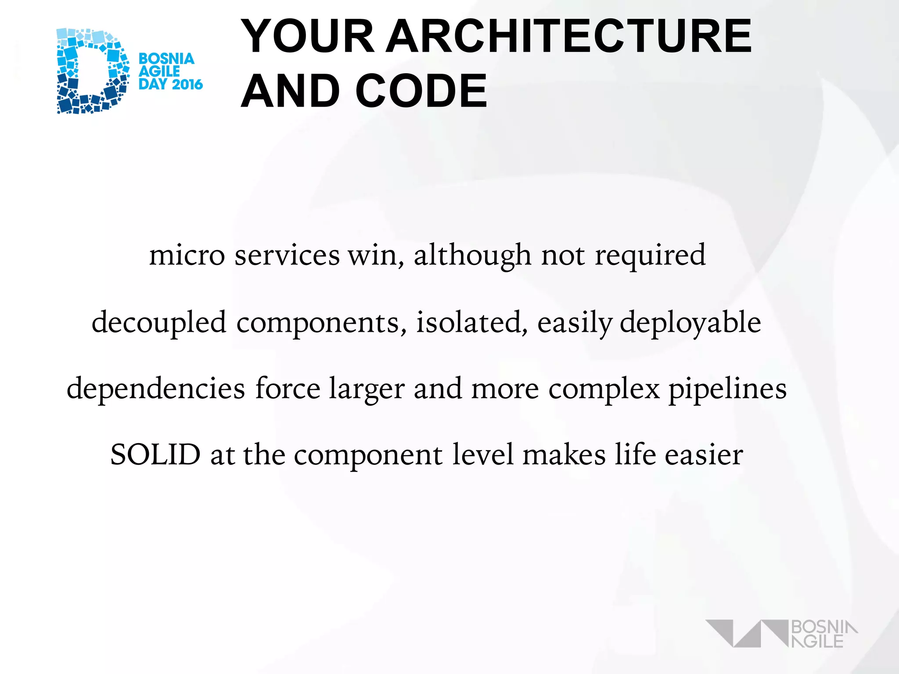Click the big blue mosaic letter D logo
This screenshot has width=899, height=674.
(92, 71)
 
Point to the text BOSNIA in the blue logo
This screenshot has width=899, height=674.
(166, 59)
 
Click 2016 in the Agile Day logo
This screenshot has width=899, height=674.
(187, 84)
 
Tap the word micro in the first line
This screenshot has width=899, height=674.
(187, 255)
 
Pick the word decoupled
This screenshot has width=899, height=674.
(159, 323)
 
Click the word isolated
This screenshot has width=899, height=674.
(471, 322)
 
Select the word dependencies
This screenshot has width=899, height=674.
(156, 389)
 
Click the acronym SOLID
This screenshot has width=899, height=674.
(155, 455)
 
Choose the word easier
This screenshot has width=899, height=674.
(704, 455)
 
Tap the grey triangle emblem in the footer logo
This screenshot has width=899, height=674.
(746, 633)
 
